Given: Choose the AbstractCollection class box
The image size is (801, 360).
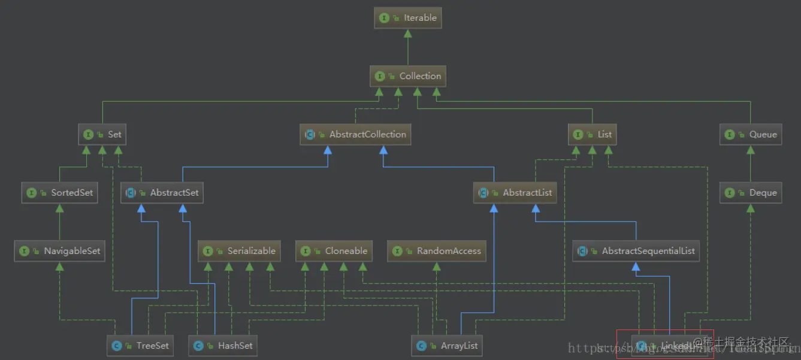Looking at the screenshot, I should (x=355, y=134).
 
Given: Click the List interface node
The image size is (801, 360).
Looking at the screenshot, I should (x=593, y=134).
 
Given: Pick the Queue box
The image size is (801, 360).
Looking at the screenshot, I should (x=751, y=134).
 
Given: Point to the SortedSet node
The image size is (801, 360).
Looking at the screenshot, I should (x=59, y=193).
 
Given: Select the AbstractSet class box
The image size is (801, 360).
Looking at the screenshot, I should (x=162, y=193).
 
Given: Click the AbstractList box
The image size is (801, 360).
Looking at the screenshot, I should (x=515, y=193).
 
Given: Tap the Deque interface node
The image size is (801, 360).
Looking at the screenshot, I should (x=751, y=193).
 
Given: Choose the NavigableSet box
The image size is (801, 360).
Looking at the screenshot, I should (x=60, y=251).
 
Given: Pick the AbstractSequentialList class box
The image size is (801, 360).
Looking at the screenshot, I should (x=636, y=251).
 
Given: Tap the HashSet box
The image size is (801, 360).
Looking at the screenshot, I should (x=223, y=346).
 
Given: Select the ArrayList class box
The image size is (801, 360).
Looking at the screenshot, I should (x=447, y=346).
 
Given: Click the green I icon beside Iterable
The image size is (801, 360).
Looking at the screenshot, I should (x=384, y=18).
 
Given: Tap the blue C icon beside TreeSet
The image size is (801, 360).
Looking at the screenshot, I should (x=116, y=346).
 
